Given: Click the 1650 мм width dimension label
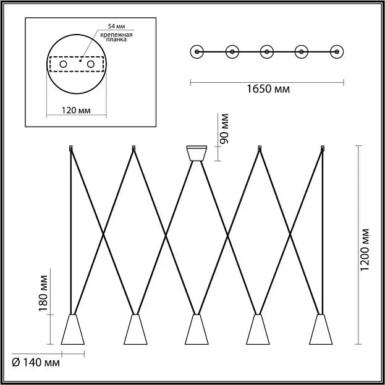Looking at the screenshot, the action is pos(268,89).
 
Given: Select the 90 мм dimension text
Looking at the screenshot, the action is pos(224,129).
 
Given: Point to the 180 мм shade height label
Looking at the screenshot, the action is pos(43,293).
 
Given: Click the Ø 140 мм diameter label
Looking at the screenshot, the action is pos(36,363).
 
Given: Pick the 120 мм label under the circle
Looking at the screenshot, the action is pos(76,111).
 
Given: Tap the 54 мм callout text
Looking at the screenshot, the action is pos(116,27).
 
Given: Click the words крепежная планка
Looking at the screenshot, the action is pos(116,37).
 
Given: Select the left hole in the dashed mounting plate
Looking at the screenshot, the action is pos(63,64).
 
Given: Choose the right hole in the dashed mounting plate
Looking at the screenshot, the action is pos(91,64).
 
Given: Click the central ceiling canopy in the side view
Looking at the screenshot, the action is pos(197,153).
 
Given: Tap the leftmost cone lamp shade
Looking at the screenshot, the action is pos(73,329).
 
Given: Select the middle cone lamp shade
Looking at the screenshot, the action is pos(197,329).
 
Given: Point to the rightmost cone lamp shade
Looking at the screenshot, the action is pos(321,329).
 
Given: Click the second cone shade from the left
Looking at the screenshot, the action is pos(135,329).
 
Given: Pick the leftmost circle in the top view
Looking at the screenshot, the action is pos(197,52).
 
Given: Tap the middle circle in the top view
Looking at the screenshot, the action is pos(267,52).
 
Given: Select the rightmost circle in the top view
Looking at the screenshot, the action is pos(337,52).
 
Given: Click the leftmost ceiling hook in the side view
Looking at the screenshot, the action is pos(71,148).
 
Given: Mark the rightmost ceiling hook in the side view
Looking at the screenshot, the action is pos(323,148).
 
